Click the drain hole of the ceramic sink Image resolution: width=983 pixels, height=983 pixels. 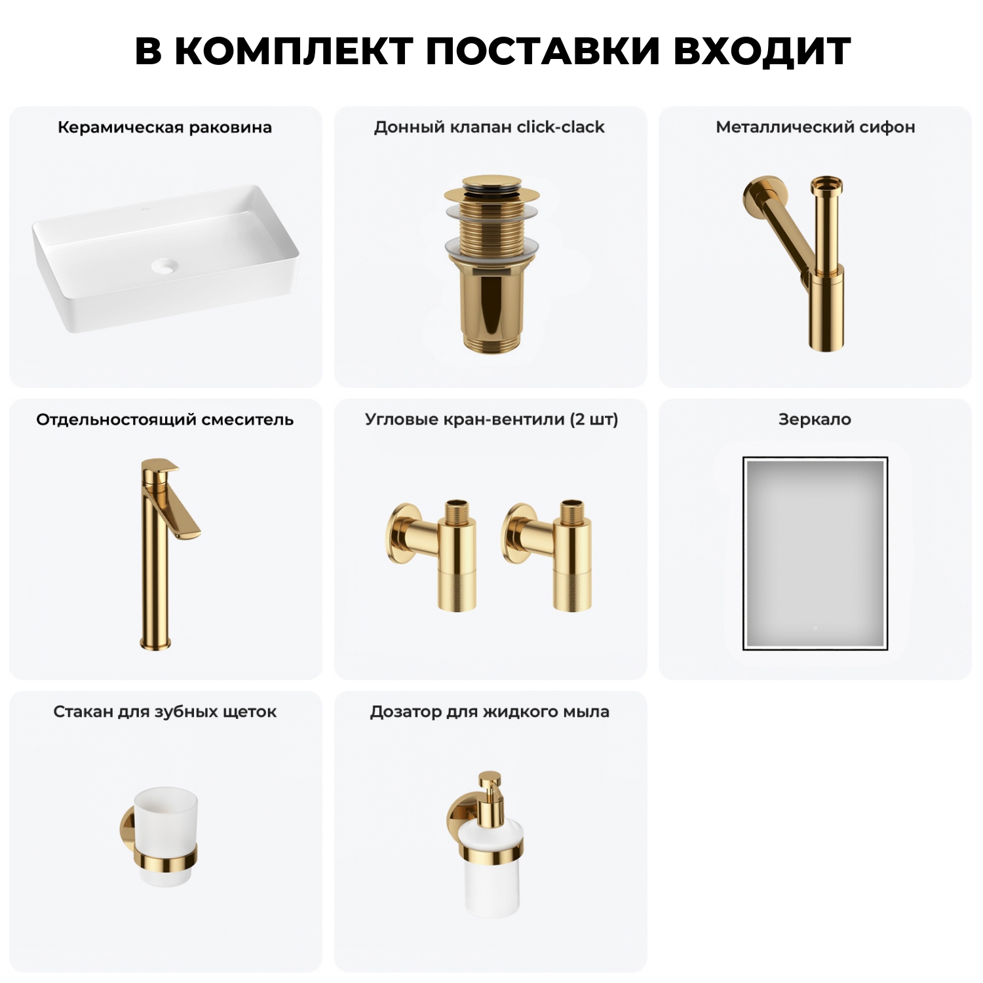pyautogui.click(x=164, y=265)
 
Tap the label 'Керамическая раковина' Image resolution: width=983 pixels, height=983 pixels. pyautogui.click(x=164, y=127)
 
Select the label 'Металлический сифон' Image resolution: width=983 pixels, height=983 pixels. pyautogui.click(x=815, y=127)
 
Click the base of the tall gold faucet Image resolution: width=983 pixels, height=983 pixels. pyautogui.click(x=155, y=642)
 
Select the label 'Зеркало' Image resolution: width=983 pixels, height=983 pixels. pyautogui.click(x=815, y=419)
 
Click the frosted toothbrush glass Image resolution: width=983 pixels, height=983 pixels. pyautogui.click(x=165, y=816)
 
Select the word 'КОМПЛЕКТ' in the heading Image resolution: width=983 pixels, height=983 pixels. pyautogui.click(x=294, y=50)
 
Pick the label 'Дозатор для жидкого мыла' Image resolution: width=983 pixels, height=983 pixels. pyautogui.click(x=490, y=712)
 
